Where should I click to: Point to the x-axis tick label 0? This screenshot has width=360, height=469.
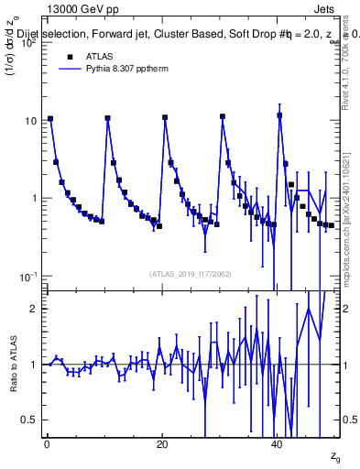(47, 443)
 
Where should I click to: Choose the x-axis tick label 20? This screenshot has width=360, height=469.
(162, 443)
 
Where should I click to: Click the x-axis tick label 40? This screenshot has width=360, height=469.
(278, 443)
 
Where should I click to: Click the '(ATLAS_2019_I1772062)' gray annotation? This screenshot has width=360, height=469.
(191, 273)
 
